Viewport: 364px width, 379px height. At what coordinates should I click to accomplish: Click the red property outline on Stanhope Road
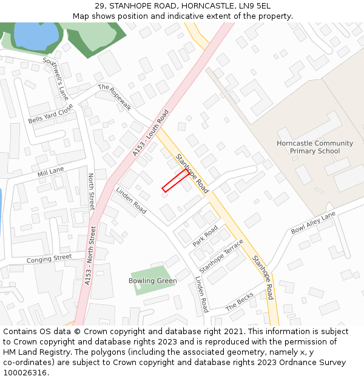175,181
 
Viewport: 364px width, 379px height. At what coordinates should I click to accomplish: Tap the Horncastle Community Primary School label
314,147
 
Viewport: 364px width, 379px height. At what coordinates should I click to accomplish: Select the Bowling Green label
152,281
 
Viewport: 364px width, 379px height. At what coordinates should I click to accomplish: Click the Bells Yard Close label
50,113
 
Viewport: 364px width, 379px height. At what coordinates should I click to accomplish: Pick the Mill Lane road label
50,172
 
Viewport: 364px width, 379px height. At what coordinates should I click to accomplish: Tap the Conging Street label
49,259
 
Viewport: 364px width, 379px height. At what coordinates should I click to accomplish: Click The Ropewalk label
115,96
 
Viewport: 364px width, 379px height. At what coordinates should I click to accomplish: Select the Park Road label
205,236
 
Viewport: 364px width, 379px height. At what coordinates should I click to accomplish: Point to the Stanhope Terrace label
221,256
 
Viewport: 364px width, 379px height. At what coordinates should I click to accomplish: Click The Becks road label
240,301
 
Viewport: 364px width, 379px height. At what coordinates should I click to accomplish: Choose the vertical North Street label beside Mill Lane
91,192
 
